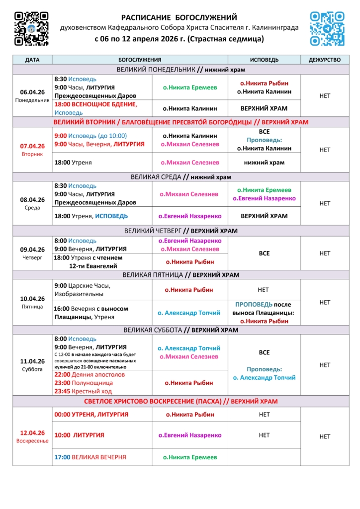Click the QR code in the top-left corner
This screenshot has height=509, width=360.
[x=31, y=28]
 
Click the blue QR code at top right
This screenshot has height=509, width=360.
[x=327, y=28]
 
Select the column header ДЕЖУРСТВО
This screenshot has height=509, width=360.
[x=325, y=60]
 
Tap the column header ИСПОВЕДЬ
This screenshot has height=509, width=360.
[x=264, y=60]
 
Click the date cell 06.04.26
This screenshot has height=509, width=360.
[x=32, y=92]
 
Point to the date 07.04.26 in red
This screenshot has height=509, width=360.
[x=32, y=146]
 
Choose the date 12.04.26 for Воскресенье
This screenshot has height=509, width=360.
[x=32, y=433]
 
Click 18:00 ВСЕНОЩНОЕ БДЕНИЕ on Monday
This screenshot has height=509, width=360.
[x=95, y=104]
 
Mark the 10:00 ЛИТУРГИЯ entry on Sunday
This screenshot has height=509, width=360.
[x=79, y=435]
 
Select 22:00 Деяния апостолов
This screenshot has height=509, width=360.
[x=90, y=375]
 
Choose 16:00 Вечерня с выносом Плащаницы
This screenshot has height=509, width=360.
[x=91, y=313]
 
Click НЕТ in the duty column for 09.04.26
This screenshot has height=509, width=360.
[x=325, y=254]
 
